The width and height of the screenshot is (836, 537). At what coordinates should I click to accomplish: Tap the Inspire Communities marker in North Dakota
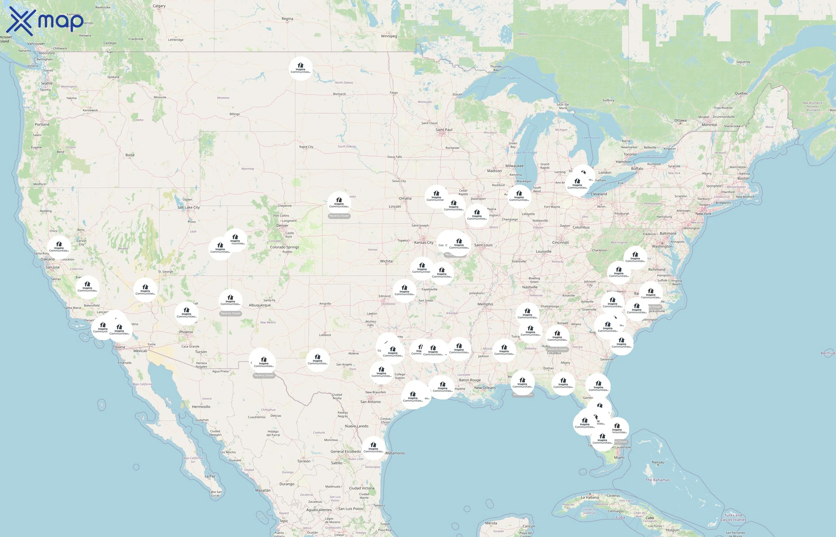point(300,68)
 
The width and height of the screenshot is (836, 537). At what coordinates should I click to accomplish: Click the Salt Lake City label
point(188,207)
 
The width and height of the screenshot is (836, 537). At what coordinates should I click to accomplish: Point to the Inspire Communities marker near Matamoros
point(373,448)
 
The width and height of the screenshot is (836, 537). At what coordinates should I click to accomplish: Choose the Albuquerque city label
point(259,305)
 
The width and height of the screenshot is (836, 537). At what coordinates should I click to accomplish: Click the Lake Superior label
point(510,78)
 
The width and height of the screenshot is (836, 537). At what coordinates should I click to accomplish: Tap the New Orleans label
point(485,388)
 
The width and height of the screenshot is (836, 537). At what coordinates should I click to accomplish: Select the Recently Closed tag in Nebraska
point(339,216)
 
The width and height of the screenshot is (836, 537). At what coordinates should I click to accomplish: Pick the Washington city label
point(662,246)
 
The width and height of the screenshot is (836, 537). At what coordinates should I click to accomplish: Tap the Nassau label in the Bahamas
point(658,462)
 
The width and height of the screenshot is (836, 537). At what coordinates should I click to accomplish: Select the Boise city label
point(130,155)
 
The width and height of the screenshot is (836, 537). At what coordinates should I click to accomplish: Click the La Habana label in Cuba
point(590,498)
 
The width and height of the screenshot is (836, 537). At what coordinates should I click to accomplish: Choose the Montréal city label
point(709,125)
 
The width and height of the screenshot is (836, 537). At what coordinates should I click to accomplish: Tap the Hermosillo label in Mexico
point(201,407)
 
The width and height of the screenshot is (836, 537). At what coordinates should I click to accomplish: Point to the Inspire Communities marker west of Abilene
point(317,360)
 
